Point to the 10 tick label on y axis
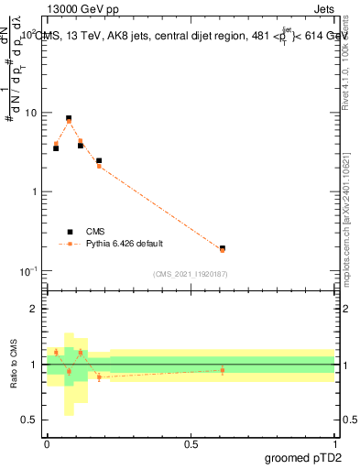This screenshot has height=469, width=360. (x=30, y=113)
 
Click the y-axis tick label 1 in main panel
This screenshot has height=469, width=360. (x=35, y=192)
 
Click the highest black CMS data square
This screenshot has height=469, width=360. (x=69, y=118)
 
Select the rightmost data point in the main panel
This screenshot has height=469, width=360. (x=223, y=248)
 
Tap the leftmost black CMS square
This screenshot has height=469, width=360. (x=56, y=147)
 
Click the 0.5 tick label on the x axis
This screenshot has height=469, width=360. (x=191, y=443)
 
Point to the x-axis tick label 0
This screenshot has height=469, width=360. (x=47, y=443)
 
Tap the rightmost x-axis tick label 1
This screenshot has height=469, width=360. (x=335, y=443)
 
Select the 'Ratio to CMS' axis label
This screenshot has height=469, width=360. (x=14, y=365)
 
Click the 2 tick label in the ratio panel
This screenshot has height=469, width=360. (x=35, y=310)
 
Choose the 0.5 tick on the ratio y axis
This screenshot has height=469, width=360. (x=30, y=420)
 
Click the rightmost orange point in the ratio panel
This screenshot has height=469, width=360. (x=223, y=370)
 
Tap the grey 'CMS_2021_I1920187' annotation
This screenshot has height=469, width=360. (x=190, y=273)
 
